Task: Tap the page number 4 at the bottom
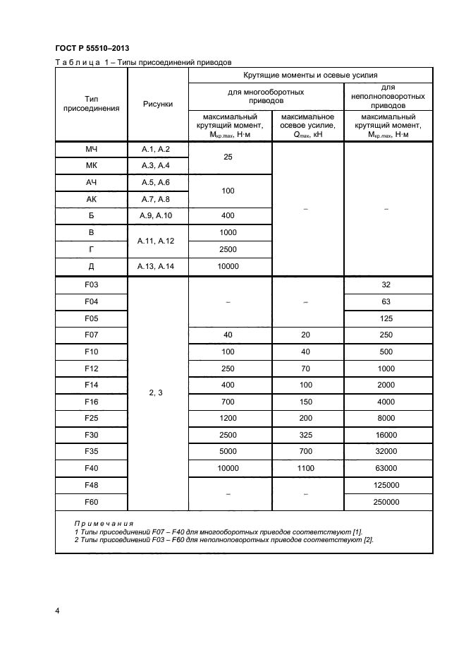pyautogui.click(x=57, y=610)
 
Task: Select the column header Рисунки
pyautogui.click(x=157, y=104)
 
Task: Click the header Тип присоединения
pyautogui.click(x=92, y=104)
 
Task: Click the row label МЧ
pyautogui.click(x=92, y=149)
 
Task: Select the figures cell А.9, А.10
pyautogui.click(x=157, y=215)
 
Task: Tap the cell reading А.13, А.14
pyautogui.click(x=157, y=265)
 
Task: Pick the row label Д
pyautogui.click(x=92, y=265)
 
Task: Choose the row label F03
pyautogui.click(x=92, y=285)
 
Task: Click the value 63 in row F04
pyautogui.click(x=386, y=301)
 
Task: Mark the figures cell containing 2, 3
pyautogui.click(x=157, y=393)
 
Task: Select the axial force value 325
pyautogui.click(x=307, y=434)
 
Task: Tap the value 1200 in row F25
pyautogui.click(x=228, y=418)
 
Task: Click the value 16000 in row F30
pyautogui.click(x=386, y=434)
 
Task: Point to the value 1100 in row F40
pyautogui.click(x=307, y=467)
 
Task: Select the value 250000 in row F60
pyautogui.click(x=386, y=501)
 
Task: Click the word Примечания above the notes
pyautogui.click(x=104, y=523)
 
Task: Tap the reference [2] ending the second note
pyautogui.click(x=369, y=540)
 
